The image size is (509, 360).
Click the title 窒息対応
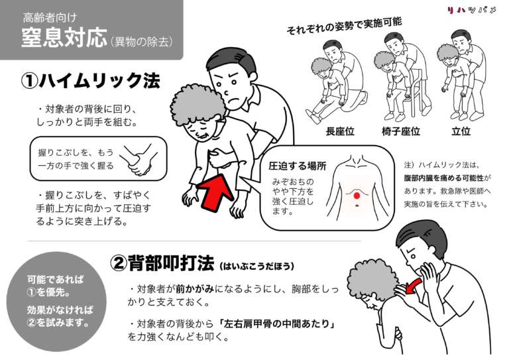[x=63, y=38]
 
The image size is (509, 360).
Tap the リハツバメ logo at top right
[x=471, y=10]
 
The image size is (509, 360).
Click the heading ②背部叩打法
[x=162, y=263]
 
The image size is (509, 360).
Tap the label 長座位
[x=339, y=131]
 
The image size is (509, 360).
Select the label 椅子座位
[x=400, y=131]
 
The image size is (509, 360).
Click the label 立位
[x=460, y=131]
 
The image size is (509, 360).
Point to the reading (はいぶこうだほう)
[x=255, y=266]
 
